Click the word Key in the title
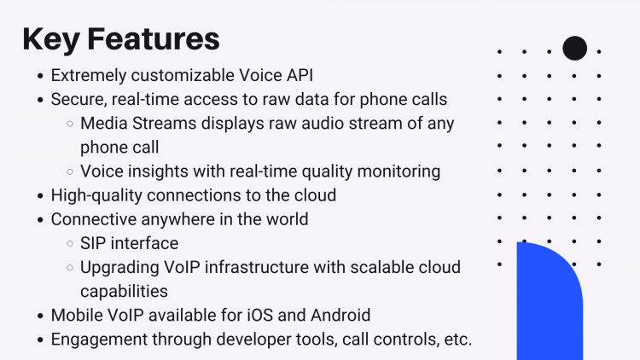click(50, 40)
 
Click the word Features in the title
click(154, 38)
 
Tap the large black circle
click(574, 48)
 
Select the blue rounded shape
click(550, 301)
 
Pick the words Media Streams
click(138, 123)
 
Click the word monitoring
click(399, 171)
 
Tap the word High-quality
click(96, 195)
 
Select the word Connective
click(94, 219)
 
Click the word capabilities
click(124, 292)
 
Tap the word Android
click(340, 316)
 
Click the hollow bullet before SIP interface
click(70, 244)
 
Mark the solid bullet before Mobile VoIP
click(40, 316)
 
